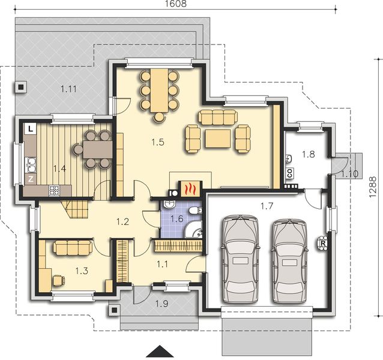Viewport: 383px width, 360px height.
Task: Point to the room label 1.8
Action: pyautogui.click(x=308, y=154)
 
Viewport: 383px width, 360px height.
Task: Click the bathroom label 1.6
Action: pyautogui.click(x=176, y=219)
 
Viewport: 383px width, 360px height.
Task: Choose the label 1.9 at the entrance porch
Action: pyautogui.click(x=161, y=303)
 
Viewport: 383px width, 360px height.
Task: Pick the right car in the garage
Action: pyautogui.click(x=291, y=260)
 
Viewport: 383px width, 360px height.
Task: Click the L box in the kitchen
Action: pyautogui.click(x=30, y=128)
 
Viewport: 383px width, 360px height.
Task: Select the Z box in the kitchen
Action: pyautogui.click(x=30, y=178)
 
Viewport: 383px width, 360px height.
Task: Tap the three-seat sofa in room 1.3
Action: pyautogui.click(x=72, y=246)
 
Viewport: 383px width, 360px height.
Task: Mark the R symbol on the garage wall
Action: pyautogui.click(x=322, y=243)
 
